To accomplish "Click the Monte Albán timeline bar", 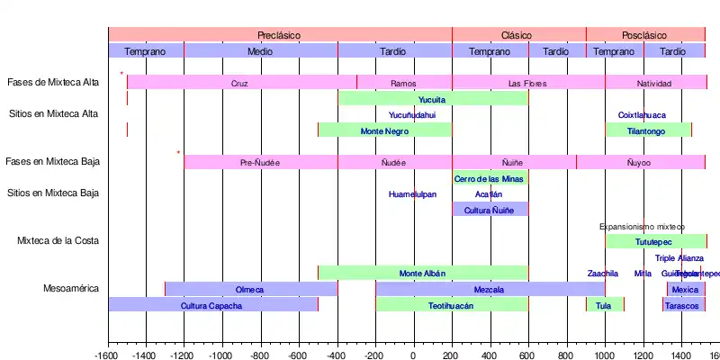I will (422, 273).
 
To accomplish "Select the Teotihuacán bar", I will (452, 305).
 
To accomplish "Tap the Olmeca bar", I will (250, 289).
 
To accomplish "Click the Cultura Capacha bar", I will (212, 305).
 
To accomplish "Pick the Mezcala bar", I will (490, 289).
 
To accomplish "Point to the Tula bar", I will (604, 305).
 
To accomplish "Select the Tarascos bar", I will (681, 305).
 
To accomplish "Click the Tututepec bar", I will (654, 242).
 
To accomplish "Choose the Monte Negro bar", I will (384, 130).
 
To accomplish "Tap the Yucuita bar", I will (432, 98).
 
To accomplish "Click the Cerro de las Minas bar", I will (490, 178).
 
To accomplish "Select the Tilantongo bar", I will (648, 130).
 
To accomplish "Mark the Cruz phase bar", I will (239, 83).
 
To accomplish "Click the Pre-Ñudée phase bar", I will (260, 162).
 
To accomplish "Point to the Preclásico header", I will (279, 34).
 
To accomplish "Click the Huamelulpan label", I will (413, 194).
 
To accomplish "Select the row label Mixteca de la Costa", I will (58, 241).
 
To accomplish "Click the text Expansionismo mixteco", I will (643, 227).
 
